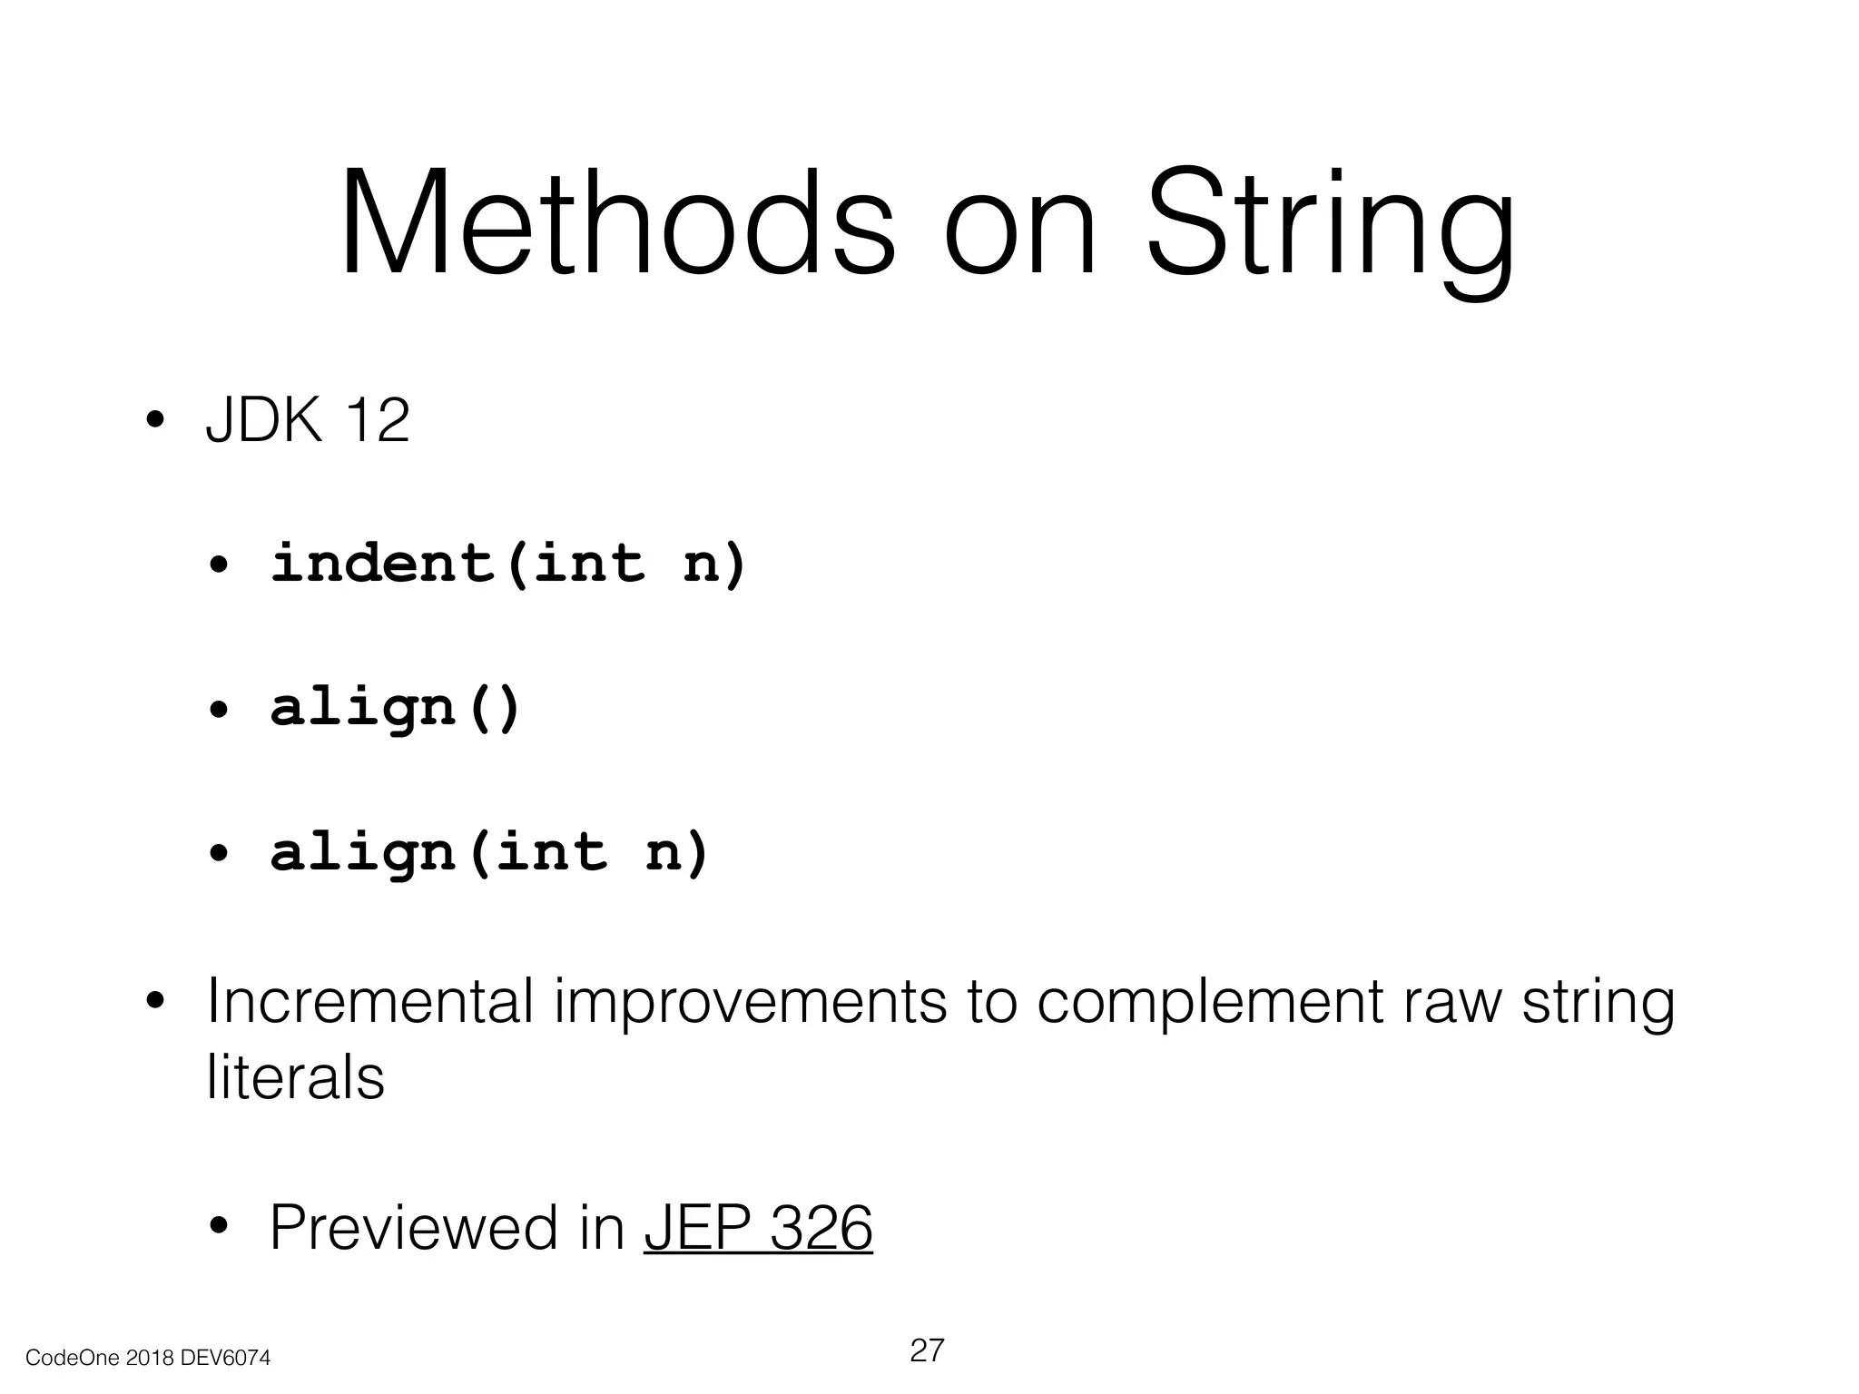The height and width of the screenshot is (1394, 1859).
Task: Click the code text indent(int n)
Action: coord(508,563)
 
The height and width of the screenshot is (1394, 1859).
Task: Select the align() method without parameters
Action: coord(396,708)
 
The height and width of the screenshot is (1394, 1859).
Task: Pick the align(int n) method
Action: coord(489,853)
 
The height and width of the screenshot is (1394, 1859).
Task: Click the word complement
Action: coord(1208,1001)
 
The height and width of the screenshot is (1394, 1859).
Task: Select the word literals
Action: coord(296,1077)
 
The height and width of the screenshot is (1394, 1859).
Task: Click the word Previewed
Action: coord(414,1227)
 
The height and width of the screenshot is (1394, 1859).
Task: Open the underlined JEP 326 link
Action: coord(758,1228)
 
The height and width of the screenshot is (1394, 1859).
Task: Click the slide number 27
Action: coord(927,1350)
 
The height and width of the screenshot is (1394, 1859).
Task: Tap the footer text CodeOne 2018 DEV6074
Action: coord(148,1359)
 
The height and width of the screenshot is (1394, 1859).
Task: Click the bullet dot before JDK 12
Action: coord(155,422)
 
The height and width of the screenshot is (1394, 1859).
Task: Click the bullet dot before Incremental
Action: coord(155,1002)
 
